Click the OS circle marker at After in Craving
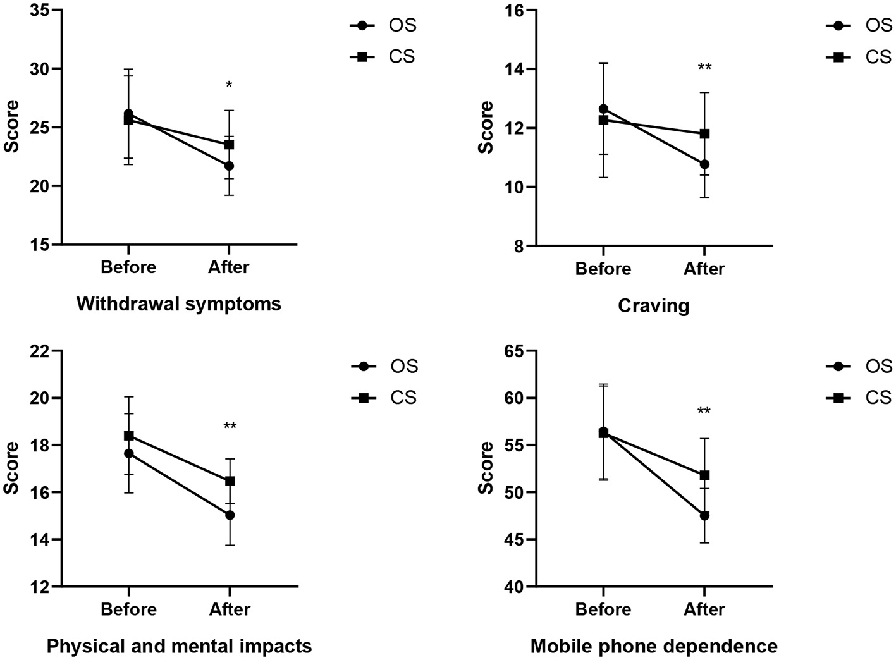coord(704,164)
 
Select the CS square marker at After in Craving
coord(704,133)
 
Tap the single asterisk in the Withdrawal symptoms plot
coord(229,85)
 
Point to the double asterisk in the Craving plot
coord(704,68)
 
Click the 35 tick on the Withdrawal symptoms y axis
coord(43,11)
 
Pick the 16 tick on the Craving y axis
coord(517,11)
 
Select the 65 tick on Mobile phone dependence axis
coord(517,351)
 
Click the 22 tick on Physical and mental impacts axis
coord(43,351)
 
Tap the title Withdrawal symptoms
coord(179,304)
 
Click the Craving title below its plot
coord(653,306)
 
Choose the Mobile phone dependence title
coord(653,647)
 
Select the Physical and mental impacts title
coord(179,647)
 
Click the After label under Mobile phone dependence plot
coord(704,609)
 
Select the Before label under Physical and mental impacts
coord(128,609)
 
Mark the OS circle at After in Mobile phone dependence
coord(704,515)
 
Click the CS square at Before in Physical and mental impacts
coord(128,436)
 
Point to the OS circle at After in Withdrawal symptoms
coord(229,166)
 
